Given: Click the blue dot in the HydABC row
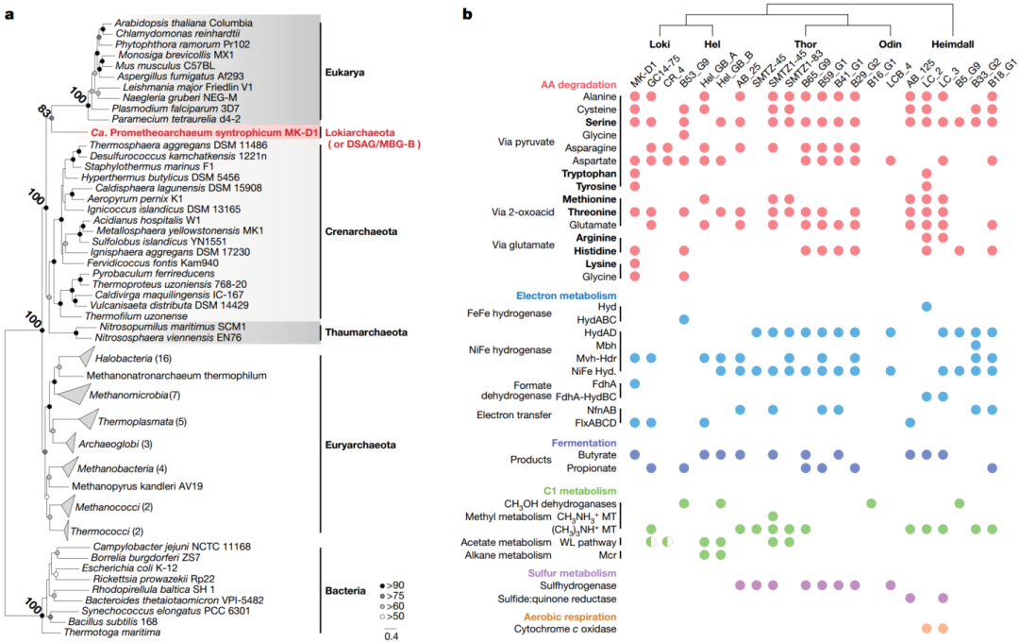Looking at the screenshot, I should (x=684, y=320).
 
